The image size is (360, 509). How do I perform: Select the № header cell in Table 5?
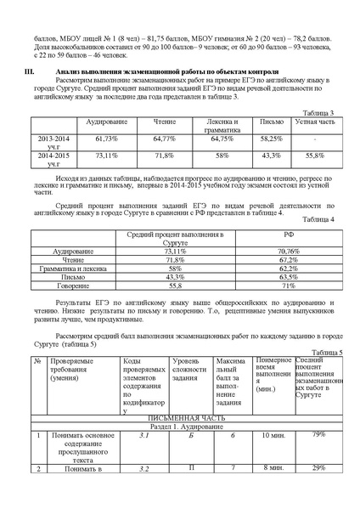[x=37, y=362]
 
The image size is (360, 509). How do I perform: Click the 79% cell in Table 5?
[x=318, y=435]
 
